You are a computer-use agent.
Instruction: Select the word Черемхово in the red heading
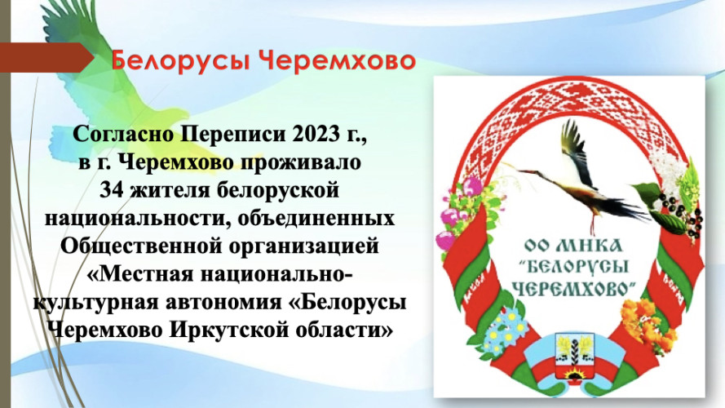tap(337, 60)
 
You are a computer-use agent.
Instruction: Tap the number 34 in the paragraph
tap(112, 190)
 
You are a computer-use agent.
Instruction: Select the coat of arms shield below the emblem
tap(574, 358)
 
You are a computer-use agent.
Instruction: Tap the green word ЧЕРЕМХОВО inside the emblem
tap(572, 288)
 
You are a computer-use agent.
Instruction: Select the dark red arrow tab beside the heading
tap(46, 58)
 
